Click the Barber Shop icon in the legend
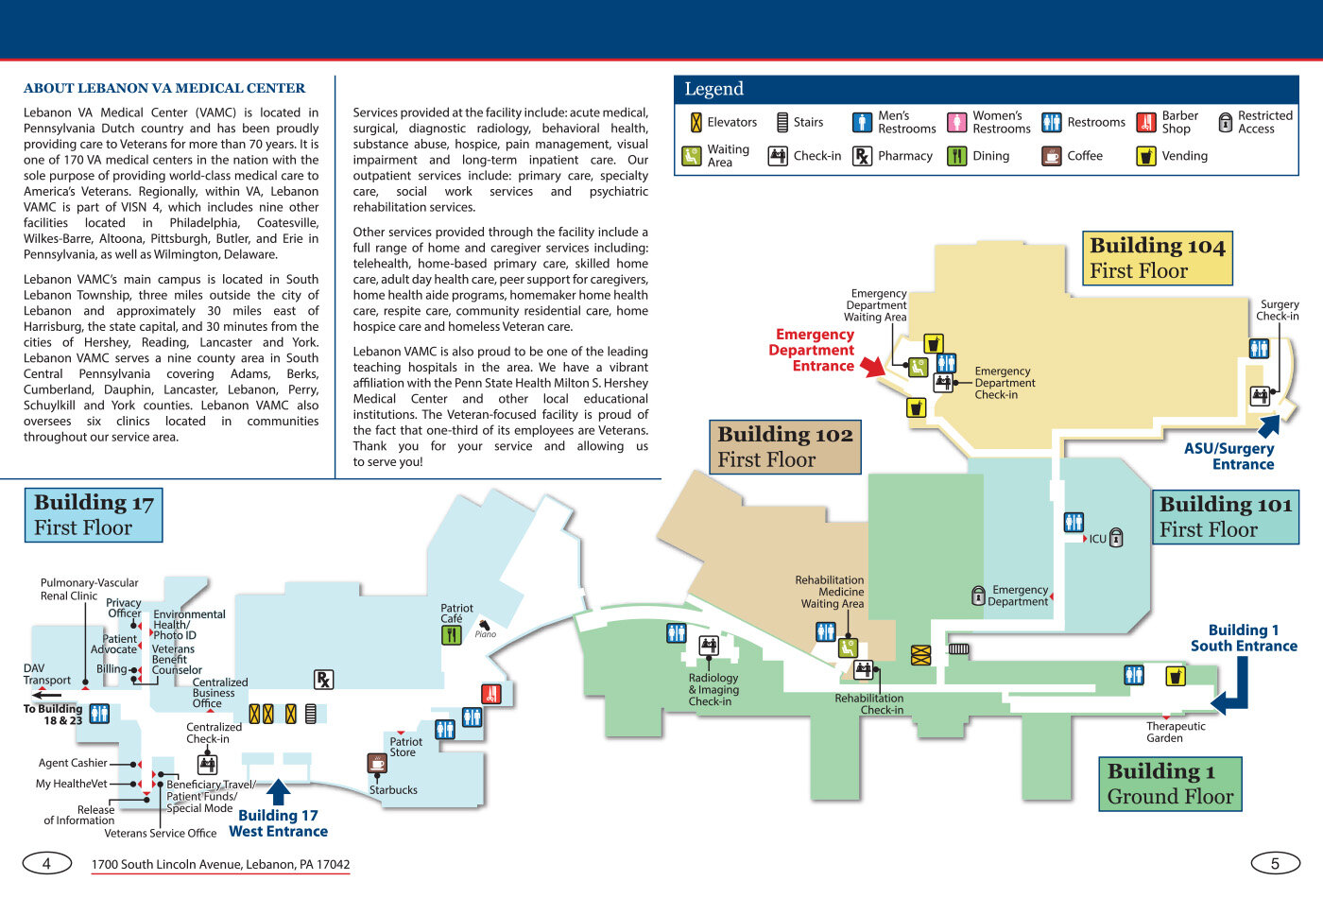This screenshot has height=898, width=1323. coord(1145,122)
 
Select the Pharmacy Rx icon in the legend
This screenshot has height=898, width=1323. coord(862,156)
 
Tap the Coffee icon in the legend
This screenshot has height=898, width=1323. coord(1051,156)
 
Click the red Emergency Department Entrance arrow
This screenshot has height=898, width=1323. coord(872,366)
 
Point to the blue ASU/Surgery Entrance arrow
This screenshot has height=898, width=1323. coord(1269,425)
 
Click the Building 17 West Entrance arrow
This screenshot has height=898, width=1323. coord(278,791)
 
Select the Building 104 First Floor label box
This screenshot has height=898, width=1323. coord(1157,258)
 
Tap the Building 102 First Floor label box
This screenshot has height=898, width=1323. coord(784,447)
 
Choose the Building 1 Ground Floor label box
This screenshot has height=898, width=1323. coord(1170,784)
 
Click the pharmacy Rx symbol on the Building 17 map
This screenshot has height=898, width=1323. coord(323,679)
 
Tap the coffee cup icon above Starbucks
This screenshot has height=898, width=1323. coord(377,762)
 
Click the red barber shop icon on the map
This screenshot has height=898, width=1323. coord(491,694)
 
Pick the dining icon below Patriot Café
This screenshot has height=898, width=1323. coord(452,635)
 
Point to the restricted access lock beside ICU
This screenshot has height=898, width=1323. coord(1116,539)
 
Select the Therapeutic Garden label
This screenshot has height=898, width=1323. coord(1175,732)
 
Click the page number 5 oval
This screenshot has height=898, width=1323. coord(1275,862)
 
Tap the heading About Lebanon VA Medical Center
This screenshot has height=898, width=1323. coord(164,88)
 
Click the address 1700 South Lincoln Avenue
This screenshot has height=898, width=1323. coord(220,864)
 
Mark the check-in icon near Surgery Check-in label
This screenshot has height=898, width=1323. coord(1260,396)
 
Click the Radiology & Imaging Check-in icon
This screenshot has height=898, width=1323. coord(709,646)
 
